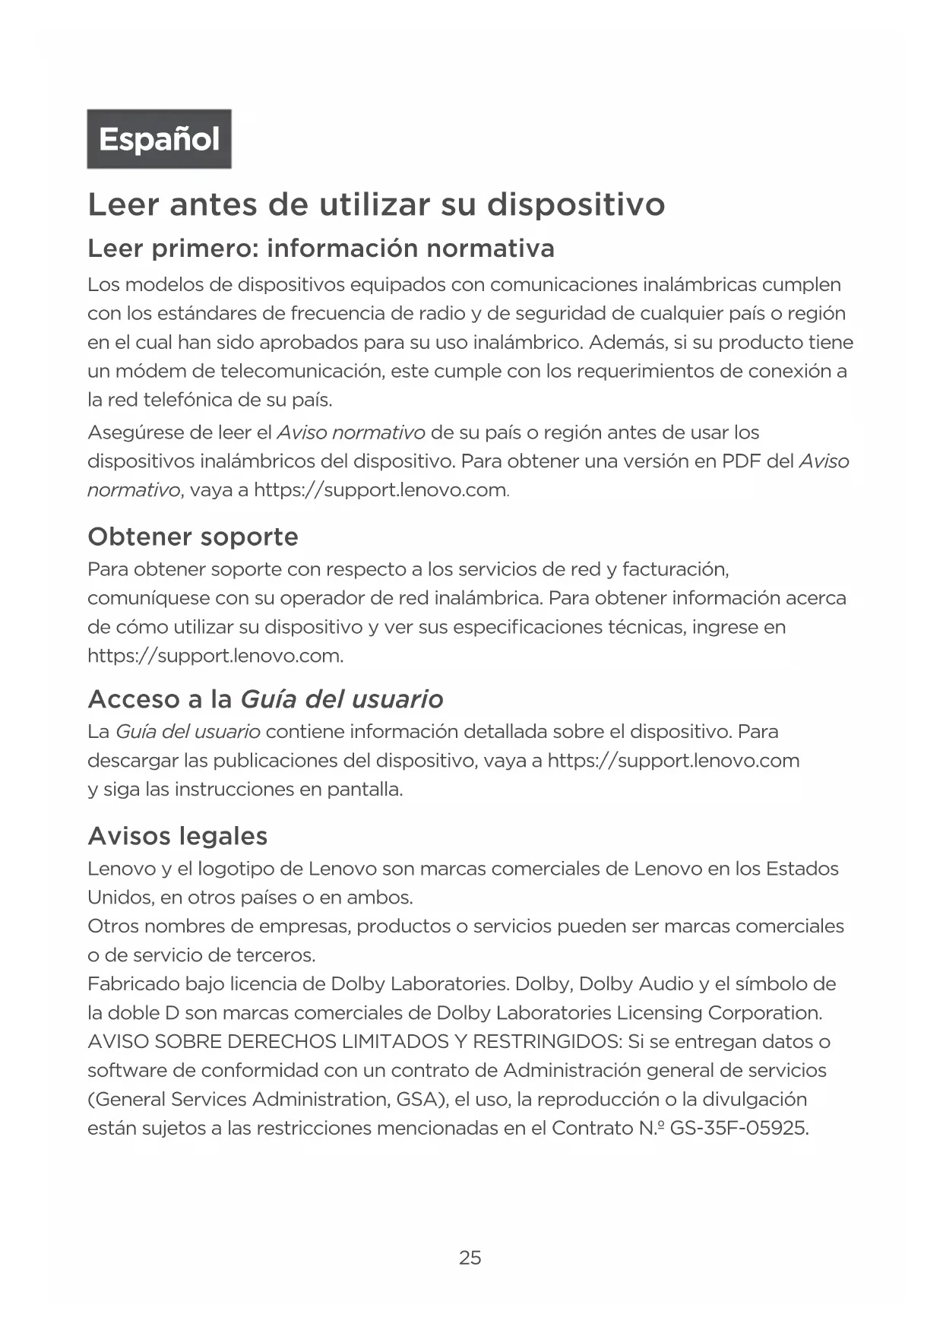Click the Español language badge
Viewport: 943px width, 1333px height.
coord(159,139)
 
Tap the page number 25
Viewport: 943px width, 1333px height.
coord(470,1258)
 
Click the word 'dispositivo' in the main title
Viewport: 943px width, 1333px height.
coord(575,204)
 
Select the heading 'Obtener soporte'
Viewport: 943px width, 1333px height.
coord(193,537)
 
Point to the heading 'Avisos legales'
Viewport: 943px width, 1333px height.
coord(178,836)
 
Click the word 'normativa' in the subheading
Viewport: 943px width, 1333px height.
coord(490,249)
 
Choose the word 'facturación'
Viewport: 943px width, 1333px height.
coord(676,569)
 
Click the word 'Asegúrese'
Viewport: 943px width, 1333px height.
coord(134,433)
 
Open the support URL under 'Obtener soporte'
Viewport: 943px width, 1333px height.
coord(215,656)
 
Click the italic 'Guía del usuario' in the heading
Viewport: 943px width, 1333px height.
coord(341,699)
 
